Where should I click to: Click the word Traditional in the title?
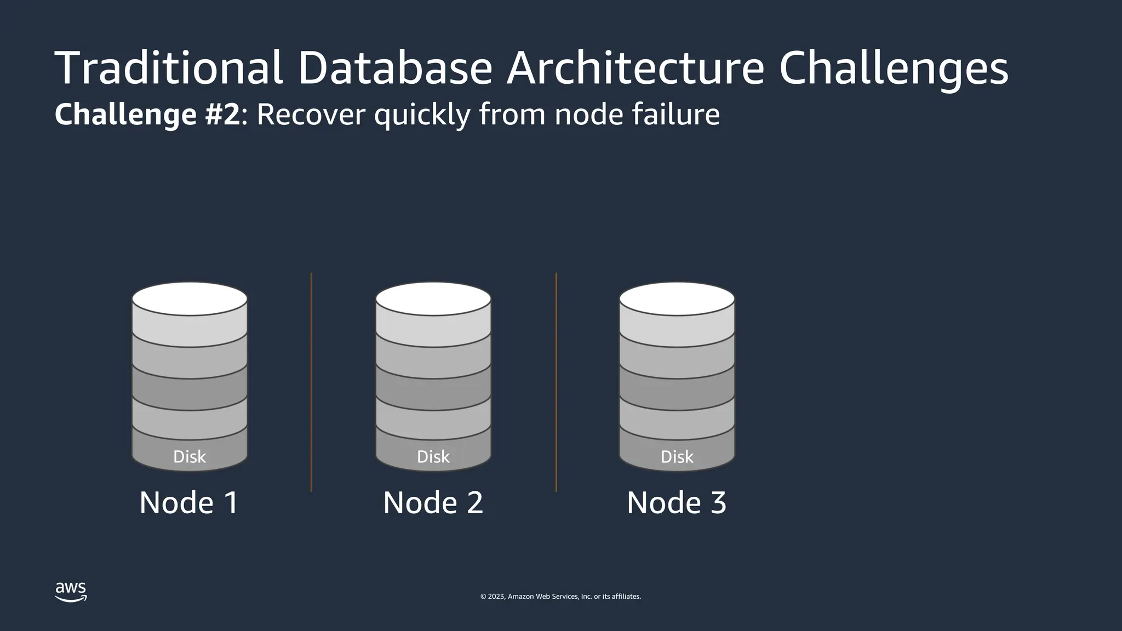pyautogui.click(x=168, y=68)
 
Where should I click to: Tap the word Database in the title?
pyautogui.click(x=394, y=68)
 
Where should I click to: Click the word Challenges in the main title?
pyautogui.click(x=893, y=69)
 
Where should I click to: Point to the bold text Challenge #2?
pyautogui.click(x=147, y=114)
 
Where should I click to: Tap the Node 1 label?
pyautogui.click(x=189, y=502)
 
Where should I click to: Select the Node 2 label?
pyautogui.click(x=433, y=502)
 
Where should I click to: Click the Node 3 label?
pyautogui.click(x=677, y=502)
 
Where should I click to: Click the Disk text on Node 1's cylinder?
pyautogui.click(x=190, y=457)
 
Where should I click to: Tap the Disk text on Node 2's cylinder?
pyautogui.click(x=433, y=457)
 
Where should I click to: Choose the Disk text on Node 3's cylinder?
pyautogui.click(x=677, y=457)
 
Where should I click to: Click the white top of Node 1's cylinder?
pyautogui.click(x=190, y=299)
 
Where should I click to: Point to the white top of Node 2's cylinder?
pyautogui.click(x=433, y=299)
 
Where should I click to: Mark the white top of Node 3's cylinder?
pyautogui.click(x=677, y=299)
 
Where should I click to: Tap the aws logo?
pyautogui.click(x=71, y=592)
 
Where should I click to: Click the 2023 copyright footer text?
pyautogui.click(x=560, y=596)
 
